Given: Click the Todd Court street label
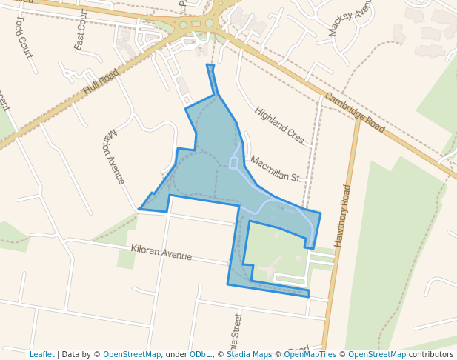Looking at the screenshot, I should click(23, 38).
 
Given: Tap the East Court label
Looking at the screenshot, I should click(80, 30).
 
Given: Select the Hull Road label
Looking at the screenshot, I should click(101, 81).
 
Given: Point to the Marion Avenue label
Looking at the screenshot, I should click(114, 157).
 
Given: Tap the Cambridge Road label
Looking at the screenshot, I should click(354, 113).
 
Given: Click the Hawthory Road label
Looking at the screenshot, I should click(342, 216).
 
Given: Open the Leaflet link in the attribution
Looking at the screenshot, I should click(41, 354).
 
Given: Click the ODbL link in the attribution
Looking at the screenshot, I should click(199, 354).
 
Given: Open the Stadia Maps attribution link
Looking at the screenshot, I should click(249, 354).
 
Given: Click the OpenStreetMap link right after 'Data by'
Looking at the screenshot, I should click(131, 354).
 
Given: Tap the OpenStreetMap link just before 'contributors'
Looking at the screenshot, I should click(376, 354).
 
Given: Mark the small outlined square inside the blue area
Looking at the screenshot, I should click(234, 163).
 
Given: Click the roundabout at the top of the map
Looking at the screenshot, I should click(197, 24).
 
